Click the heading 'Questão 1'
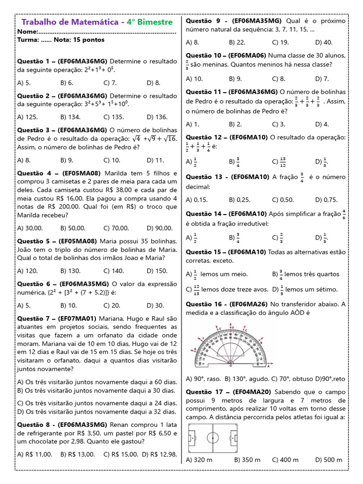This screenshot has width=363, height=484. [x=35, y=61]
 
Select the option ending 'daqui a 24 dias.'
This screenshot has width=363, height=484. [x=96, y=403]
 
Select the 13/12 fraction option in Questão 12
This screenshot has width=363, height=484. [x=278, y=162]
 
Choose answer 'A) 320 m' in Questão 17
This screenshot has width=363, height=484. [x=199, y=459]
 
